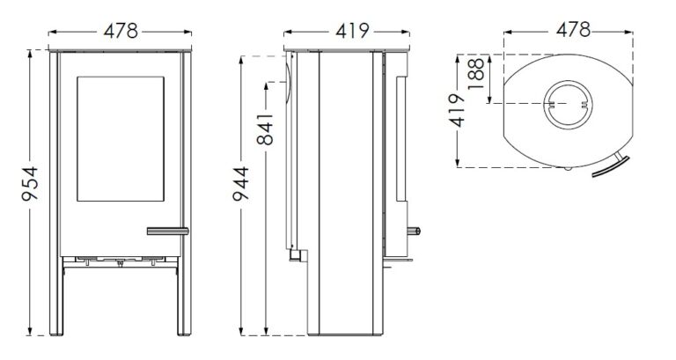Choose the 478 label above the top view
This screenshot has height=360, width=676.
[566, 28]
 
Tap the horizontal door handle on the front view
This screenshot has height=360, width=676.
[168, 231]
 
